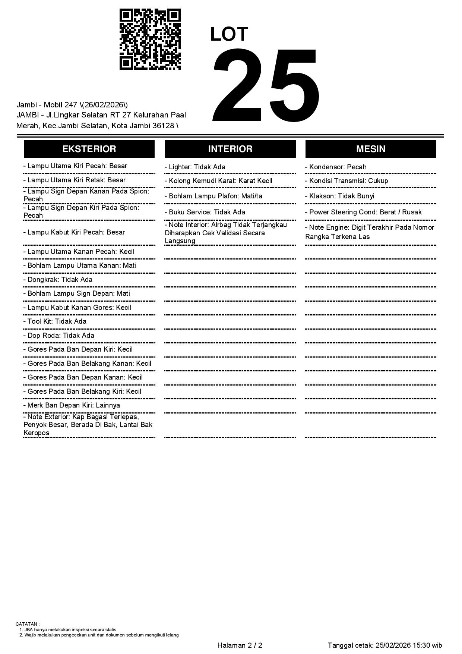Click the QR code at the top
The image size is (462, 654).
150,39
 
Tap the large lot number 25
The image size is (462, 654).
266,86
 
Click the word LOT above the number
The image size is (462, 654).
229,34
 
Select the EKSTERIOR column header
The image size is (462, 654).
89,149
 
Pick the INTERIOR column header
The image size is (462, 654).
230,149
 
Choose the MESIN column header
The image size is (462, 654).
371,149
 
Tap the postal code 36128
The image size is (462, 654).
164,126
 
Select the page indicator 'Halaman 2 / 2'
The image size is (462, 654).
240,645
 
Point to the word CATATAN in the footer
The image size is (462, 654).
27,624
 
